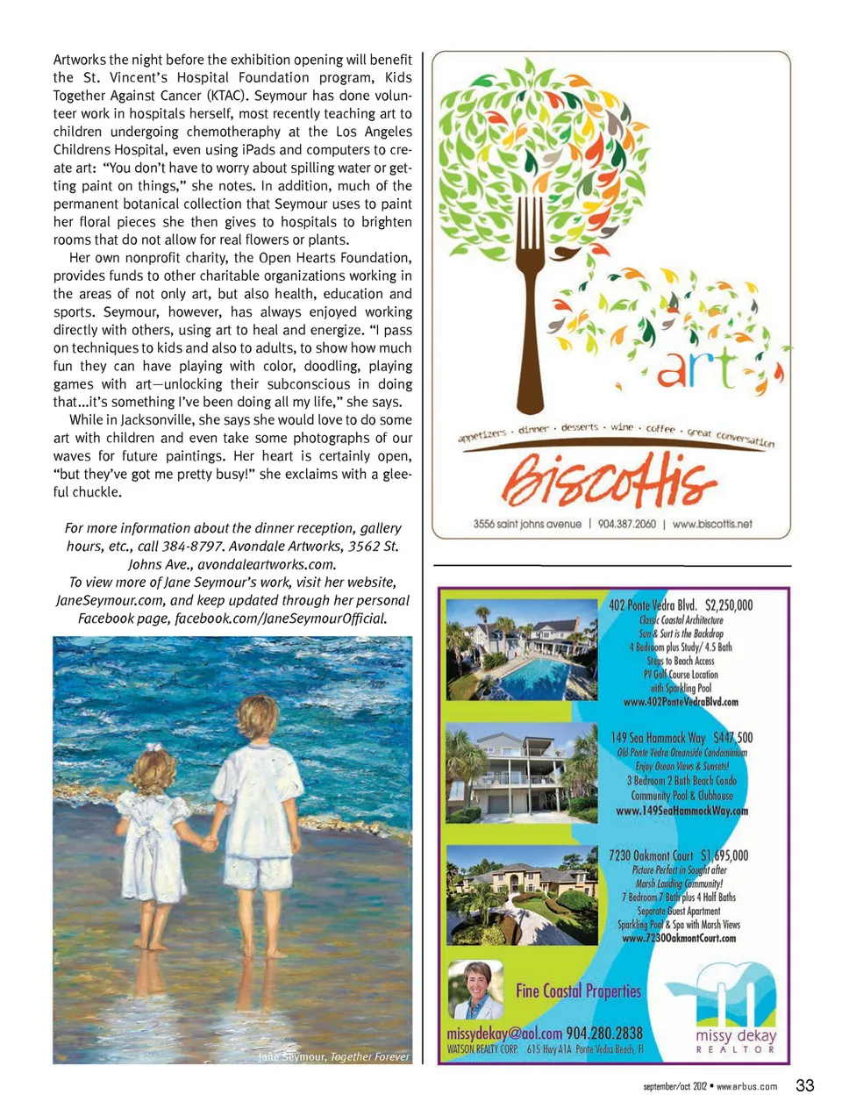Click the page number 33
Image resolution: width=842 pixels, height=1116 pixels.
tap(804, 1085)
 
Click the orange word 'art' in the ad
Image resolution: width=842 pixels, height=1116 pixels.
tap(697, 368)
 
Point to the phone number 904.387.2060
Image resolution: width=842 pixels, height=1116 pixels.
tap(627, 524)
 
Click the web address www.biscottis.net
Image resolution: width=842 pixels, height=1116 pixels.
tap(712, 524)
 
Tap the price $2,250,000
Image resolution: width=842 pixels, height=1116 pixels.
tap(728, 605)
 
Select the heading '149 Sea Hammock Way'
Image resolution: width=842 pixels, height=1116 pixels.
tap(658, 738)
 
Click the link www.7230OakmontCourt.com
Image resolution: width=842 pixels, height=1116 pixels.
tap(679, 938)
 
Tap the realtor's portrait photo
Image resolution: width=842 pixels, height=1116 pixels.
tap(475, 989)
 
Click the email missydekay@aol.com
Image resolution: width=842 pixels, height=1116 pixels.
tap(504, 1033)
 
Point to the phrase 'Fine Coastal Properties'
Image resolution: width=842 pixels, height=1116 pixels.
tap(578, 991)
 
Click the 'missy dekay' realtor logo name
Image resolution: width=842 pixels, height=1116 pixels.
tap(736, 1035)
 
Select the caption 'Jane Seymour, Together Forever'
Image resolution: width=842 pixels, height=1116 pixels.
tap(333, 1056)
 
